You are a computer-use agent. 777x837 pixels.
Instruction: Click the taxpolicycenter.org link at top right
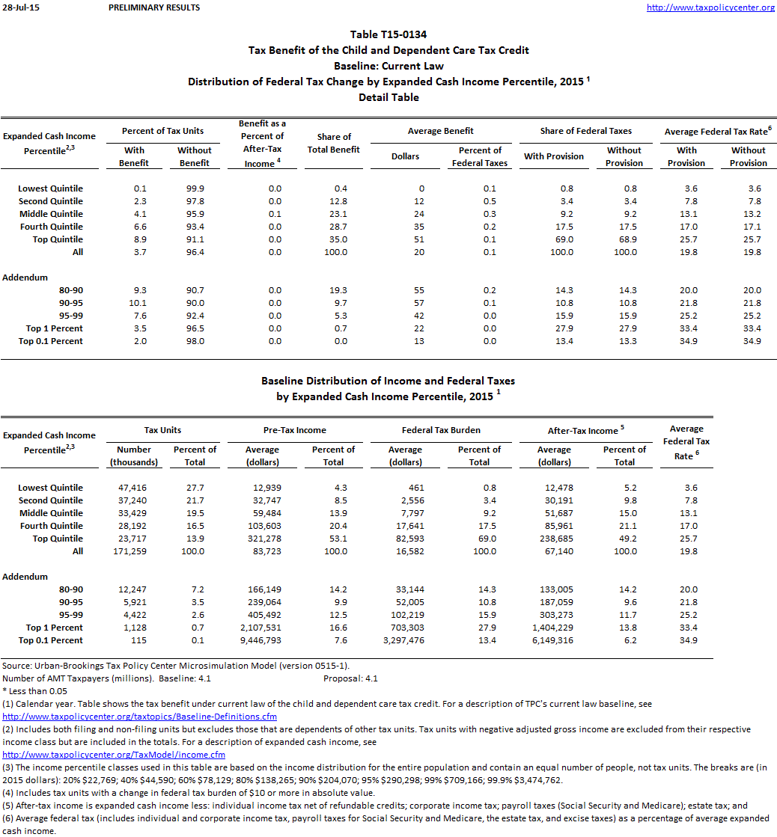(710, 7)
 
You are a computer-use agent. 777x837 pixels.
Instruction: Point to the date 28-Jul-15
(16, 7)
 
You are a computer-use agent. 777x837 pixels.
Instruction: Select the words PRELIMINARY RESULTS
(154, 7)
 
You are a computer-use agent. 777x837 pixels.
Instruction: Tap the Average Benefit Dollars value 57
(419, 303)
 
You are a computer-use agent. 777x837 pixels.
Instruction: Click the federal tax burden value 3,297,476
(404, 640)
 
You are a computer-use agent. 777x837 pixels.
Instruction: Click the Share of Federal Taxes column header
(585, 131)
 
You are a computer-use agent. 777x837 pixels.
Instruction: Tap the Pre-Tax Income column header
(296, 430)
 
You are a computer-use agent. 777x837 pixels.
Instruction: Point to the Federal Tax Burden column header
(441, 430)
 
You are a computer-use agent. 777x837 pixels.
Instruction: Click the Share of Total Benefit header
(334, 143)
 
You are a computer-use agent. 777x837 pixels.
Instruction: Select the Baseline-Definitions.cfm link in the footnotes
(140, 717)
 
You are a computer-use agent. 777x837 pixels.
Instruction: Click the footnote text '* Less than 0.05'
(34, 691)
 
